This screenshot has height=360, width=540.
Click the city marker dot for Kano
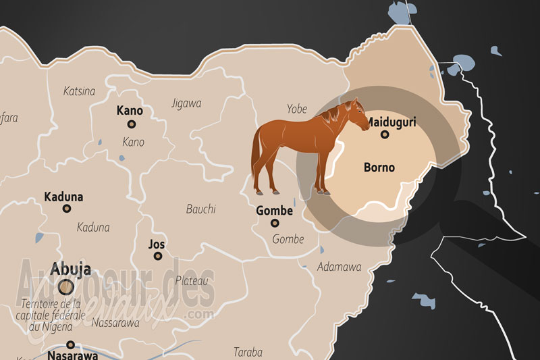click(x=132, y=124)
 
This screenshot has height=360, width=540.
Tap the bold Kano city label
click(x=131, y=110)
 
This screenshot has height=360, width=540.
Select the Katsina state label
click(x=79, y=91)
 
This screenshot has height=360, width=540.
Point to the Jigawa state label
click(x=186, y=103)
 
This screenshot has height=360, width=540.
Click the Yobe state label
click(x=296, y=108)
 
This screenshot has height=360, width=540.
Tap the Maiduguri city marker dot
click(x=385, y=134)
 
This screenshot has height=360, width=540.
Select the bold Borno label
click(x=379, y=166)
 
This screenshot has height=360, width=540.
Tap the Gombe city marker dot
click(x=275, y=223)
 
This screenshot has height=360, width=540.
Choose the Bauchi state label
click(x=200, y=209)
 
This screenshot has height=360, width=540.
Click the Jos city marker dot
click(x=158, y=256)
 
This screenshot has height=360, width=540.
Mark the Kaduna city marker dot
click(x=67, y=209)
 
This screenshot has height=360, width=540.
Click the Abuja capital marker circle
click(x=65, y=287)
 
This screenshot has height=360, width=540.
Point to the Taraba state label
click(x=248, y=351)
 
